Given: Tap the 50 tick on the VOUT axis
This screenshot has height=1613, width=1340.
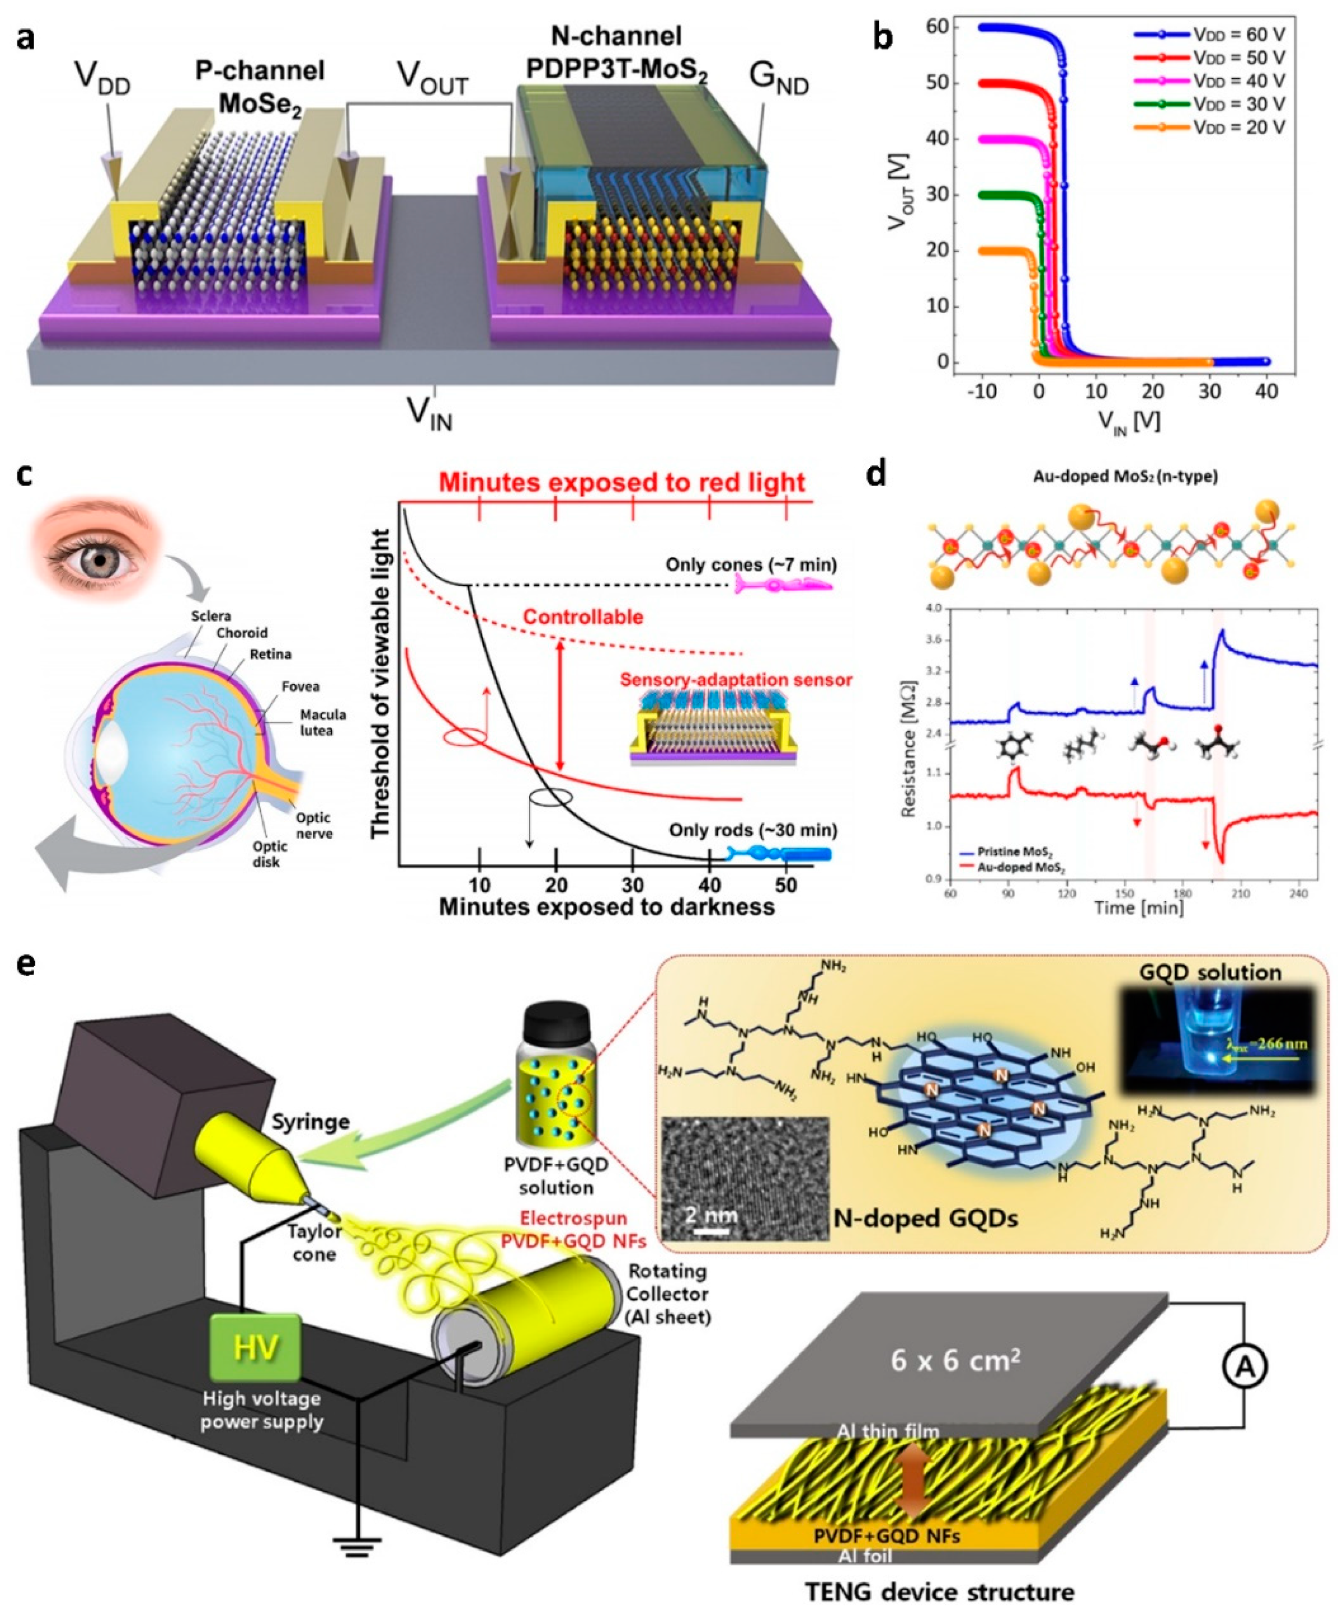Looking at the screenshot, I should point(930,83).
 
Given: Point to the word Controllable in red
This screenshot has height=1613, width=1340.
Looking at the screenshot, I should point(583,617).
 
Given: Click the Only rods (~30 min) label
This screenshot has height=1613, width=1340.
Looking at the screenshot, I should point(753,830).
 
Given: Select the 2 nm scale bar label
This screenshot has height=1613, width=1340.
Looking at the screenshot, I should point(711,1215).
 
